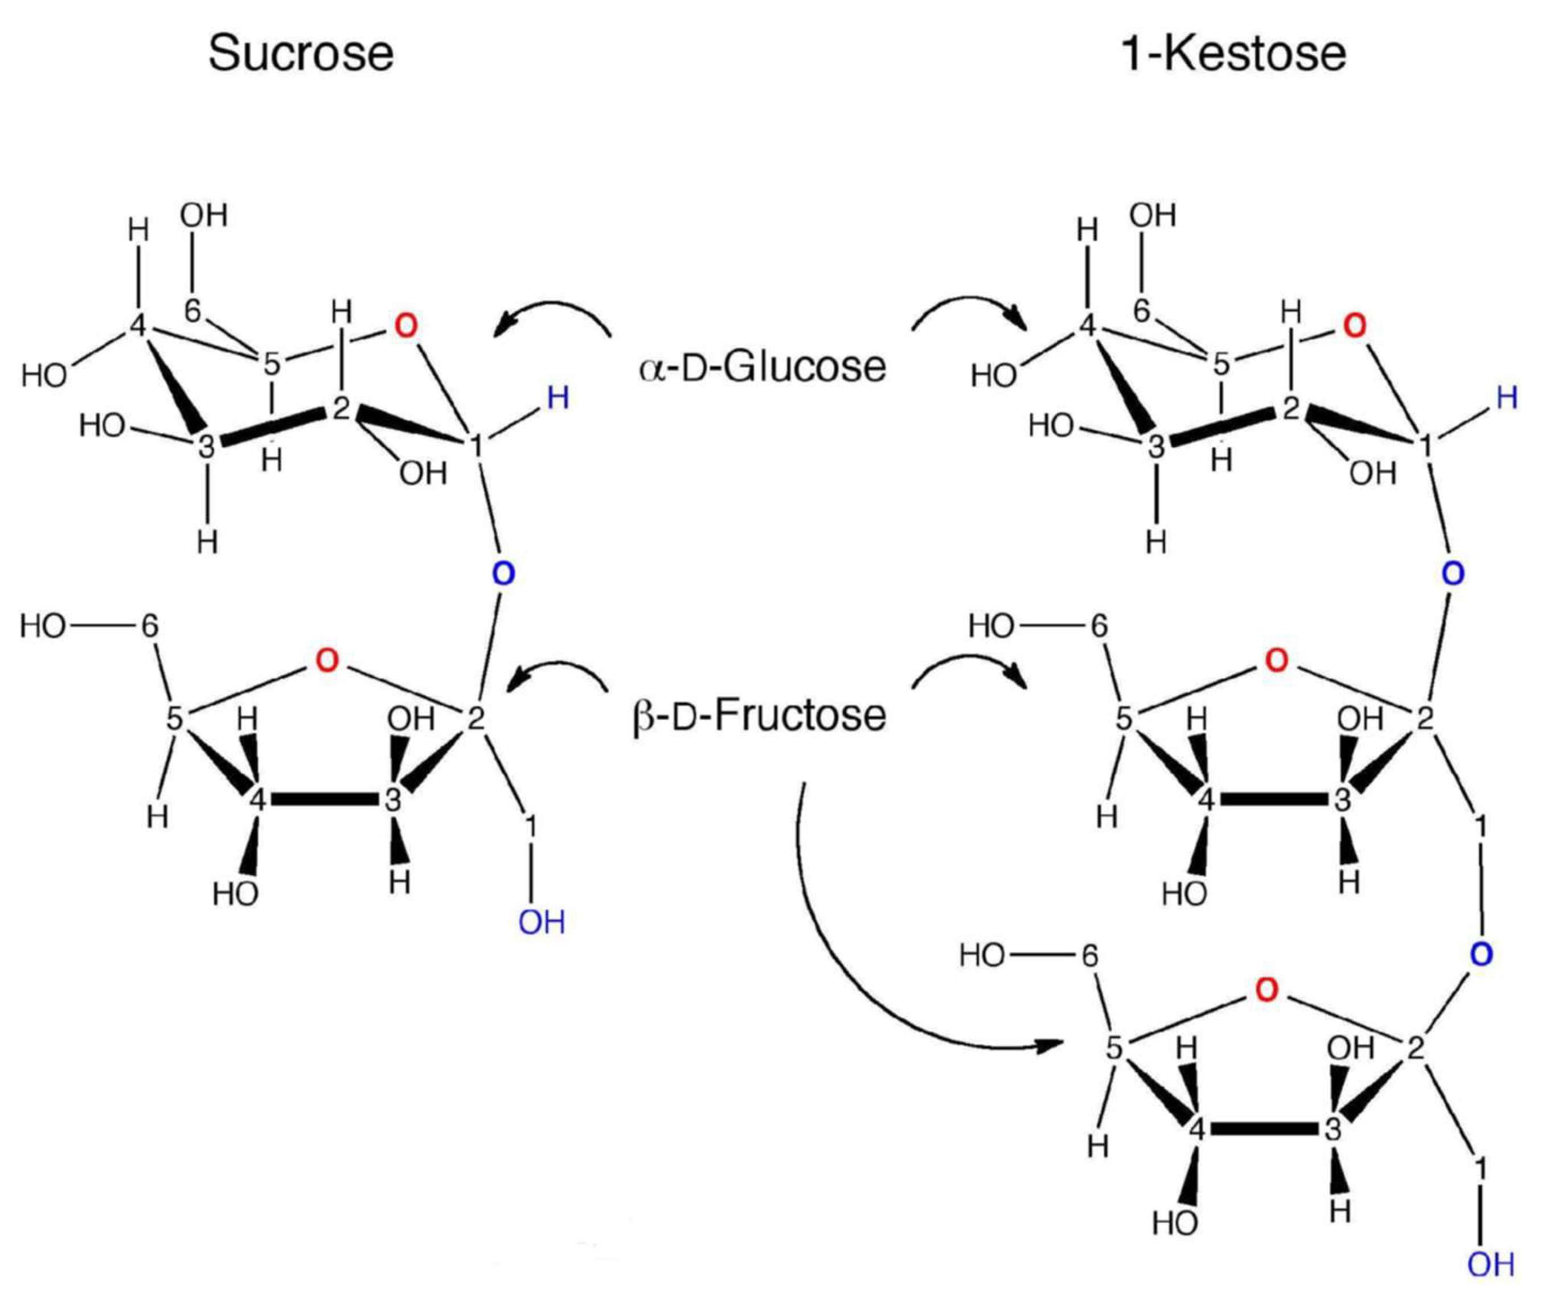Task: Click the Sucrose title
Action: (x=301, y=54)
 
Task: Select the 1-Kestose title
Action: (x=1233, y=54)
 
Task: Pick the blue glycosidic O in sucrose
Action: (x=503, y=573)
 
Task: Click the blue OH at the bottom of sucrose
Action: (x=542, y=922)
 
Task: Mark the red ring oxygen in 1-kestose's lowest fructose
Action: (x=1267, y=991)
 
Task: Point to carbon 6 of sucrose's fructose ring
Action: (x=150, y=626)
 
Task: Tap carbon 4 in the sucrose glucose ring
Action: (x=138, y=324)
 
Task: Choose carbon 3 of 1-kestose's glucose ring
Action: (x=1157, y=446)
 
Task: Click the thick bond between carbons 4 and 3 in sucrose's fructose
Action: (x=325, y=800)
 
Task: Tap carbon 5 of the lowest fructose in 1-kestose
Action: (x=1114, y=1048)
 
